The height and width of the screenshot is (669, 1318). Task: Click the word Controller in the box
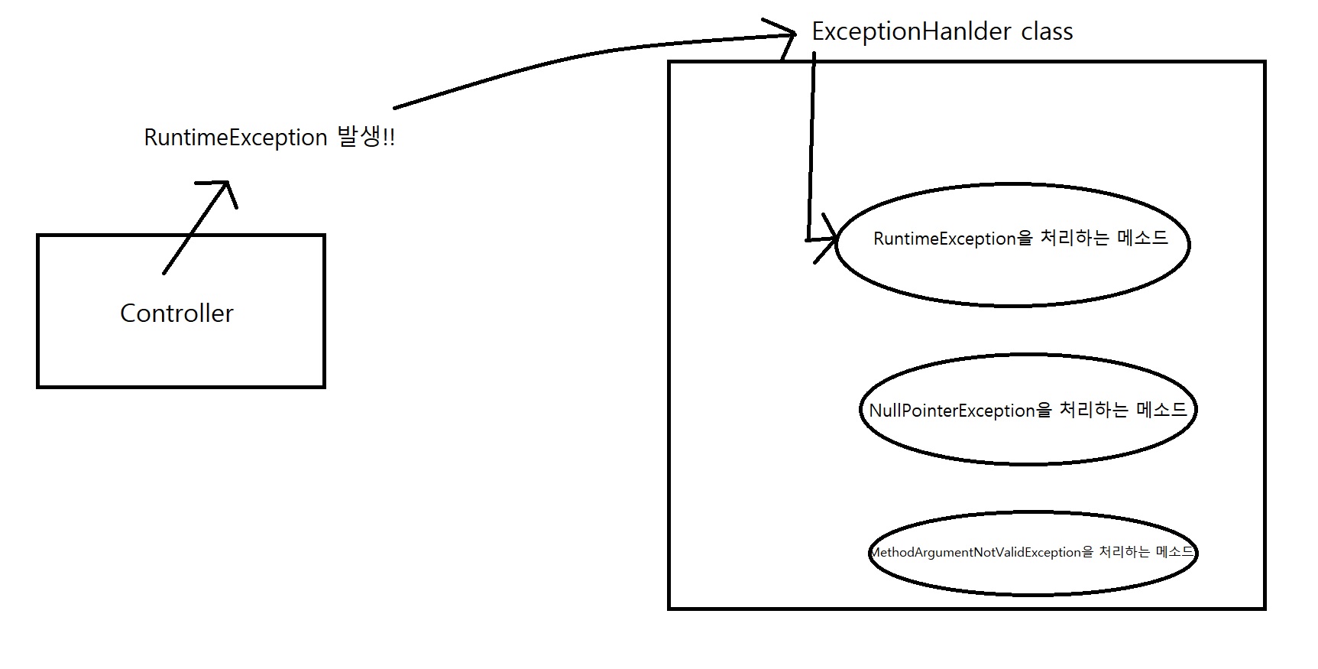pyautogui.click(x=176, y=313)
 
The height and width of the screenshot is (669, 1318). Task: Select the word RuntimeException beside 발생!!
pyautogui.click(x=235, y=138)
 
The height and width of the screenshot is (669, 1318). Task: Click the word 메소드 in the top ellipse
pyautogui.click(x=1142, y=238)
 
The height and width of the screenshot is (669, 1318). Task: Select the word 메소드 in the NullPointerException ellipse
pyautogui.click(x=1162, y=410)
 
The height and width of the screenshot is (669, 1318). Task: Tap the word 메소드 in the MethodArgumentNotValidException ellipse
pyautogui.click(x=1175, y=551)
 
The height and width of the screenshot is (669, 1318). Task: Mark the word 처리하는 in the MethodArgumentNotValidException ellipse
pyautogui.click(x=1125, y=551)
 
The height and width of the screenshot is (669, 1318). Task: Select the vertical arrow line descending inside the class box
pyautogui.click(x=811, y=145)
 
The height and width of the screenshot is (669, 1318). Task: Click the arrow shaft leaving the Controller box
pyautogui.click(x=195, y=227)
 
